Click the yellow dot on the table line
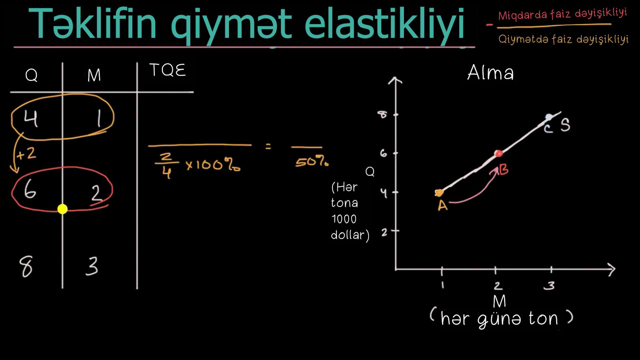(62, 209)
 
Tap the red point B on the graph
(499, 154)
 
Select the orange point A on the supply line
(439, 193)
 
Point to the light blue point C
(549, 117)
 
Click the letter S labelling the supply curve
(565, 125)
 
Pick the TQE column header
(168, 70)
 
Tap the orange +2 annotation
(26, 154)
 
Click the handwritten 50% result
(312, 162)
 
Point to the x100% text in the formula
(213, 165)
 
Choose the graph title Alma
(490, 72)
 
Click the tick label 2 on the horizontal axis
(498, 286)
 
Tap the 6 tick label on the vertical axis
(384, 153)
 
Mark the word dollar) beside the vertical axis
(350, 235)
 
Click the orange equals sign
(268, 146)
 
